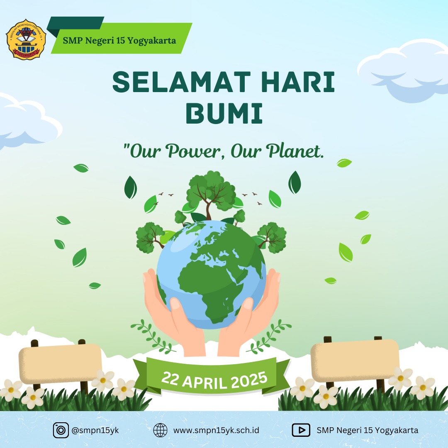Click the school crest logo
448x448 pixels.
pyautogui.click(x=26, y=39)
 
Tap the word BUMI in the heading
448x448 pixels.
pyautogui.click(x=224, y=114)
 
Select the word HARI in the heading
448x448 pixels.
pyautogui.click(x=298, y=82)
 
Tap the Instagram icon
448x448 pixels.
pyautogui.click(x=61, y=430)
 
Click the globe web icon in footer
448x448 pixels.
pyautogui.click(x=160, y=430)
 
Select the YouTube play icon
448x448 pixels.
pyautogui.click(x=301, y=430)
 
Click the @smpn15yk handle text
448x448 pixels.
pyautogui.click(x=95, y=430)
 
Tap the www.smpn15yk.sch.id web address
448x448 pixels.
pyautogui.click(x=216, y=430)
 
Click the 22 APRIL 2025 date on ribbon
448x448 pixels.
pyautogui.click(x=214, y=380)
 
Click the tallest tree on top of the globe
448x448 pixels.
pyautogui.click(x=211, y=194)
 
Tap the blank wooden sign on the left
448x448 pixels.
pyautogui.click(x=60, y=363)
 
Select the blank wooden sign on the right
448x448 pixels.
pyautogui.click(x=355, y=360)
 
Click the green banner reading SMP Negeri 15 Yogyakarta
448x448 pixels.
pyautogui.click(x=119, y=38)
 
